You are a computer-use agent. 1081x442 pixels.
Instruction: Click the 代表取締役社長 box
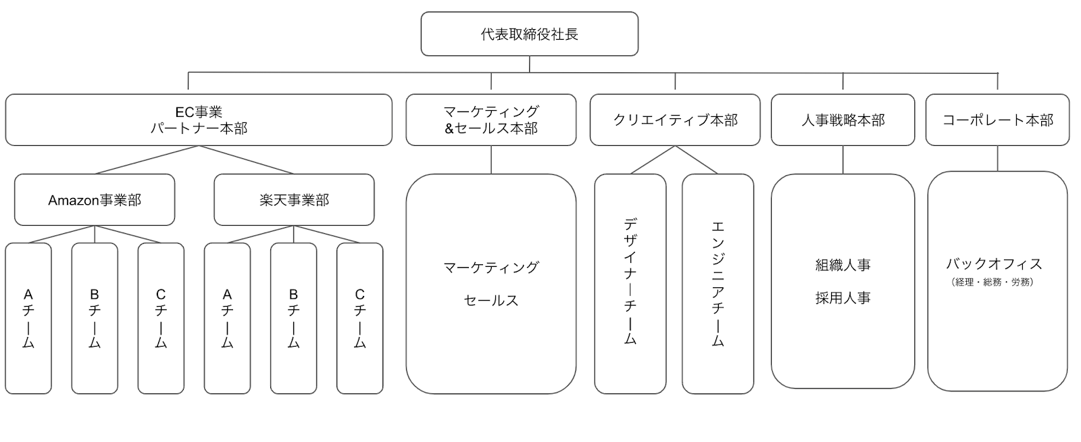pos(530,34)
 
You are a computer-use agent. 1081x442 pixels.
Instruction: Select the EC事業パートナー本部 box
pos(199,120)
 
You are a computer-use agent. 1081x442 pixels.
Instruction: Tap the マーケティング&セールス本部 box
pos(491,120)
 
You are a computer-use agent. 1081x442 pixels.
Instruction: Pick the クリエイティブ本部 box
pos(675,120)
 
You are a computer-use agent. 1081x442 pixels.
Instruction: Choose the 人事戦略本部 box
pos(843,120)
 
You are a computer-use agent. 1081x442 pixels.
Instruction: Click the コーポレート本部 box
pos(997,120)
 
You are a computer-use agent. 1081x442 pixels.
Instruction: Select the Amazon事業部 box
pos(95,200)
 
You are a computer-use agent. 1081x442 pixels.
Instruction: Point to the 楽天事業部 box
pos(294,200)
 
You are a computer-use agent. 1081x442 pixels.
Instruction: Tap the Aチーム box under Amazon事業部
pos(28,318)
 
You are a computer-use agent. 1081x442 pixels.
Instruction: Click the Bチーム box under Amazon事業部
pos(95,318)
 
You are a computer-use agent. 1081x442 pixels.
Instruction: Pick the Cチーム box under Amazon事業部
pos(161,318)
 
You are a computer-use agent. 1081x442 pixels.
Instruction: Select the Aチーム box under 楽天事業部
pos(227,318)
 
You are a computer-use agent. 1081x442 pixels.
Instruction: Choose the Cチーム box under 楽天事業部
pos(360,318)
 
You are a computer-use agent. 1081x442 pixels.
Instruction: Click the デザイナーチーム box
pos(630,284)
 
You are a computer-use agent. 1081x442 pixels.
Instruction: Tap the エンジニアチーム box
pos(718,284)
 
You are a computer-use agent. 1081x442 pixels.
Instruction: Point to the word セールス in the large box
pos(491,301)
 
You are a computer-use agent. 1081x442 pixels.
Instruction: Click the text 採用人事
pos(843,298)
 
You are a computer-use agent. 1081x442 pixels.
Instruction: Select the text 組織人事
pos(843,265)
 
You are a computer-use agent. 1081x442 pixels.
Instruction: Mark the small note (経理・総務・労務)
pos(992,283)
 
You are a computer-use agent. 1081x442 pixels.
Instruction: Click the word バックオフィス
pos(994,264)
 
